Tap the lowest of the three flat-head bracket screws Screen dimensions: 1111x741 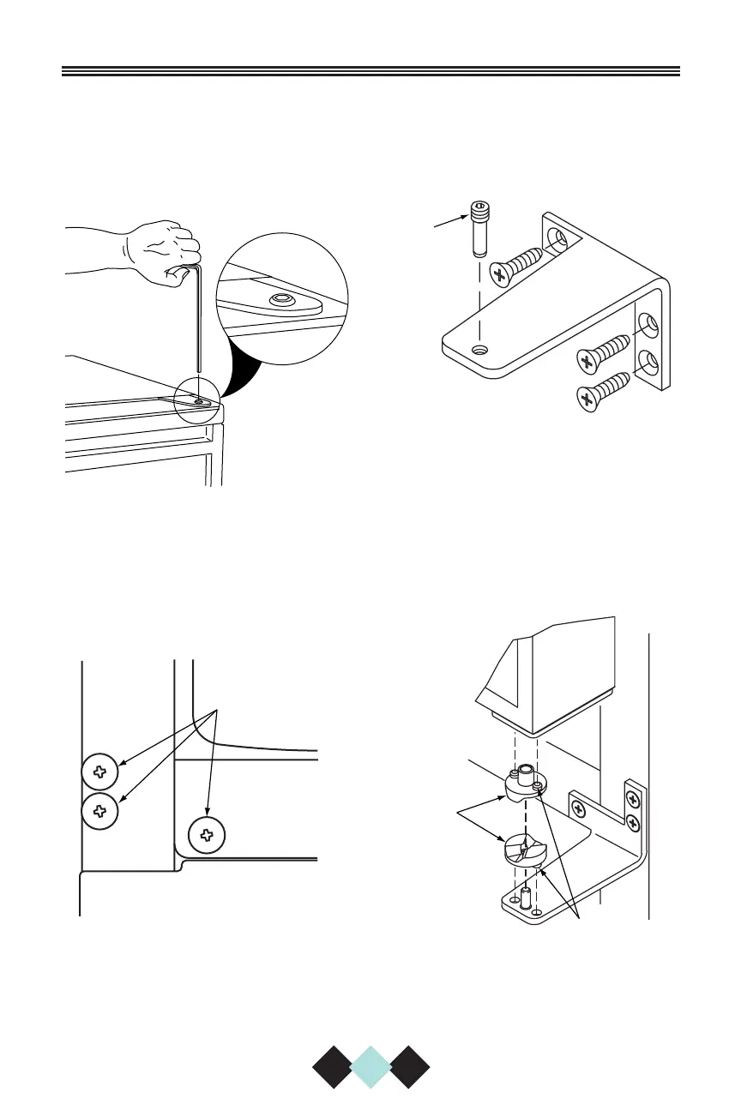pos(605,389)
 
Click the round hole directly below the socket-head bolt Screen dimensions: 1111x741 pos(480,350)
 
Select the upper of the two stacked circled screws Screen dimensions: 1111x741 pos(100,772)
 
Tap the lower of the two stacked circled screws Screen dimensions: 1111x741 pos(100,809)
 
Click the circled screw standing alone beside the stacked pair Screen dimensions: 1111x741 pos(206,834)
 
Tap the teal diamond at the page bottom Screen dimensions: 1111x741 pos(370,1066)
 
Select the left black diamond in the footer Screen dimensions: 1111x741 pos(332,1066)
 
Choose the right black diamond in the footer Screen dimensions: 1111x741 pos(409,1066)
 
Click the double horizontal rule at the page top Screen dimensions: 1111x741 pos(370,72)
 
